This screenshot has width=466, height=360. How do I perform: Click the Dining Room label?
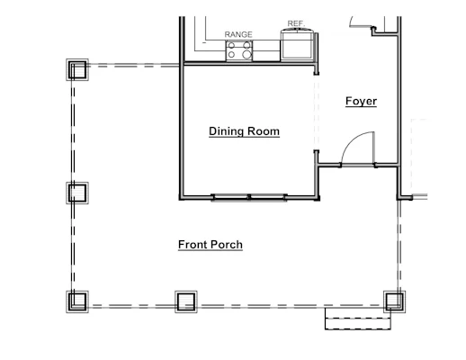coord(244,131)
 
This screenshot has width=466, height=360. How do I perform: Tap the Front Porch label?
coord(211,245)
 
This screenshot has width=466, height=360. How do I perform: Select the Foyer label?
coord(361,101)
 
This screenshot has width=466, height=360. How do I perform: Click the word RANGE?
coord(238,34)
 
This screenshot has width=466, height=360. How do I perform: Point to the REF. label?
coord(296,23)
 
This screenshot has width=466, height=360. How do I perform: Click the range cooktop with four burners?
coord(239,51)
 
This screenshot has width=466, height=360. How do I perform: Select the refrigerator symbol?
coord(297,44)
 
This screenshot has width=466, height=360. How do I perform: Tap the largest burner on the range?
coord(246,54)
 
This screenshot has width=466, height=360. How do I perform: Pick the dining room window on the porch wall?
coord(249,198)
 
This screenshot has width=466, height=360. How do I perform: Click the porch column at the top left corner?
coord(77,69)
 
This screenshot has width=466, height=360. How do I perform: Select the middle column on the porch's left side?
coord(77,193)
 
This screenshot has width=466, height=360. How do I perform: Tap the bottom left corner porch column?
coord(77,301)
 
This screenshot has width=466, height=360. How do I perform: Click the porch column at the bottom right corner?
coord(395,301)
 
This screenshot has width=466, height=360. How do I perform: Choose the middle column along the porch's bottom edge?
coord(186,301)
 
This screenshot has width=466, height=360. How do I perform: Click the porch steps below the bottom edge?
coord(358,319)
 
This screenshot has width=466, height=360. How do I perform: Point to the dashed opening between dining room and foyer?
coord(316,112)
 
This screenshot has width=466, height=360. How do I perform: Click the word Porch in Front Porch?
coord(227,245)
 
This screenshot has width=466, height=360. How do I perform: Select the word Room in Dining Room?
coord(264,131)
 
